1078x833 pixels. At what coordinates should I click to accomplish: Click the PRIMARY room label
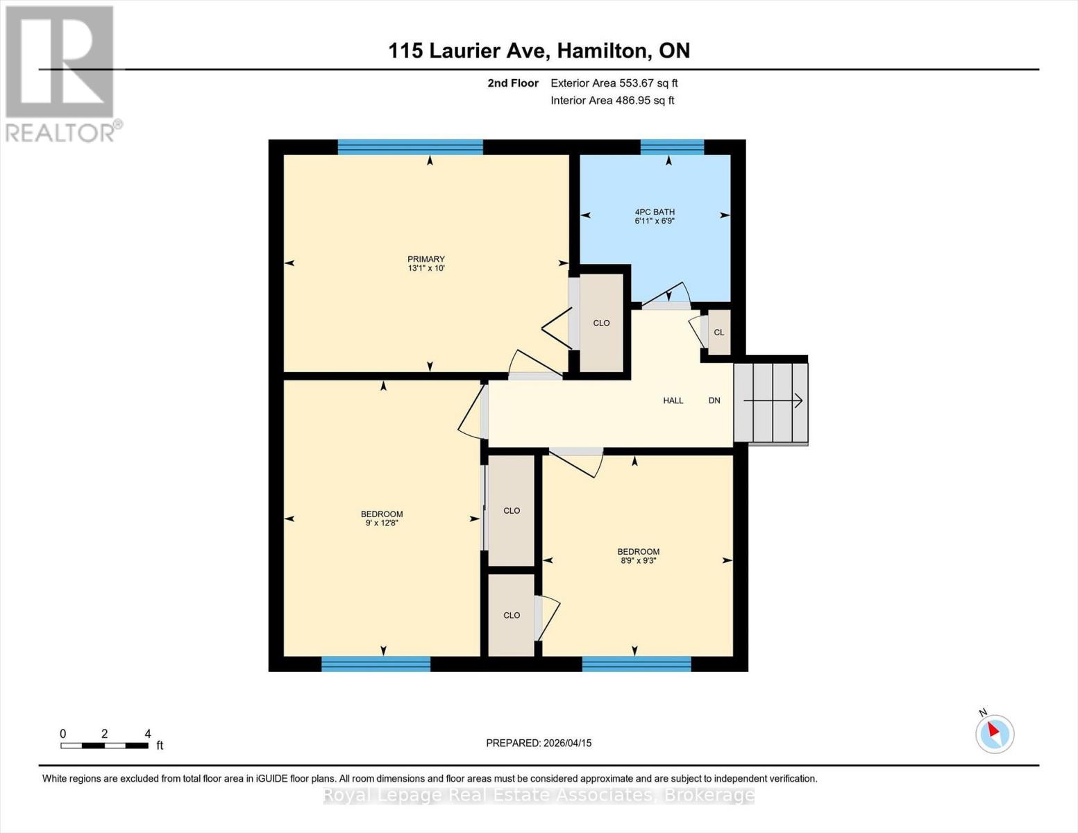click(x=426, y=259)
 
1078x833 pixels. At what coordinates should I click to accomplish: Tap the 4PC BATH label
click(x=655, y=212)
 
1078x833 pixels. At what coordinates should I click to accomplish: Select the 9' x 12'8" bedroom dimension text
click(x=382, y=523)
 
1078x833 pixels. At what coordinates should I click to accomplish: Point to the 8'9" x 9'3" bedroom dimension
click(x=638, y=561)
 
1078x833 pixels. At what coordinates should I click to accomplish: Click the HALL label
click(x=673, y=401)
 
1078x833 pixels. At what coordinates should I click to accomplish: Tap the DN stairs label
click(x=714, y=401)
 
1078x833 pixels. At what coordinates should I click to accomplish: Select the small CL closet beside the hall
click(x=718, y=333)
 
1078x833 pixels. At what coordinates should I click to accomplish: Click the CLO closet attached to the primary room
click(x=601, y=323)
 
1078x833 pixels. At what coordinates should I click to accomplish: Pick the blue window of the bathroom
click(x=672, y=146)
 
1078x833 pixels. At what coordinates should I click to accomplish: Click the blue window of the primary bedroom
click(x=410, y=146)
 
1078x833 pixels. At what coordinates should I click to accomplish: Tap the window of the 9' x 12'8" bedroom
click(x=376, y=664)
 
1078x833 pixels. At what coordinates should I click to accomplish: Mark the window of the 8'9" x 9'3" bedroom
click(x=637, y=664)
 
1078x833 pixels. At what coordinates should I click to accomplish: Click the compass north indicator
click(x=995, y=733)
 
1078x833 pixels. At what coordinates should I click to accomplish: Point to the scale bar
click(x=104, y=746)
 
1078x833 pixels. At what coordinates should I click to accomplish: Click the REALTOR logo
click(x=60, y=73)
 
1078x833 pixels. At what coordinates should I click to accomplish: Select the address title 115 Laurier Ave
click(x=539, y=51)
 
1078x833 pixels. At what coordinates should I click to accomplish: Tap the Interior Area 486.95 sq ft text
click(x=612, y=101)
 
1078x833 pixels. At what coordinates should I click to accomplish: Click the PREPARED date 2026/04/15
click(x=539, y=743)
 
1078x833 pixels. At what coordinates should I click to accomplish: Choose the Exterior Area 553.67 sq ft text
click(x=614, y=83)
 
